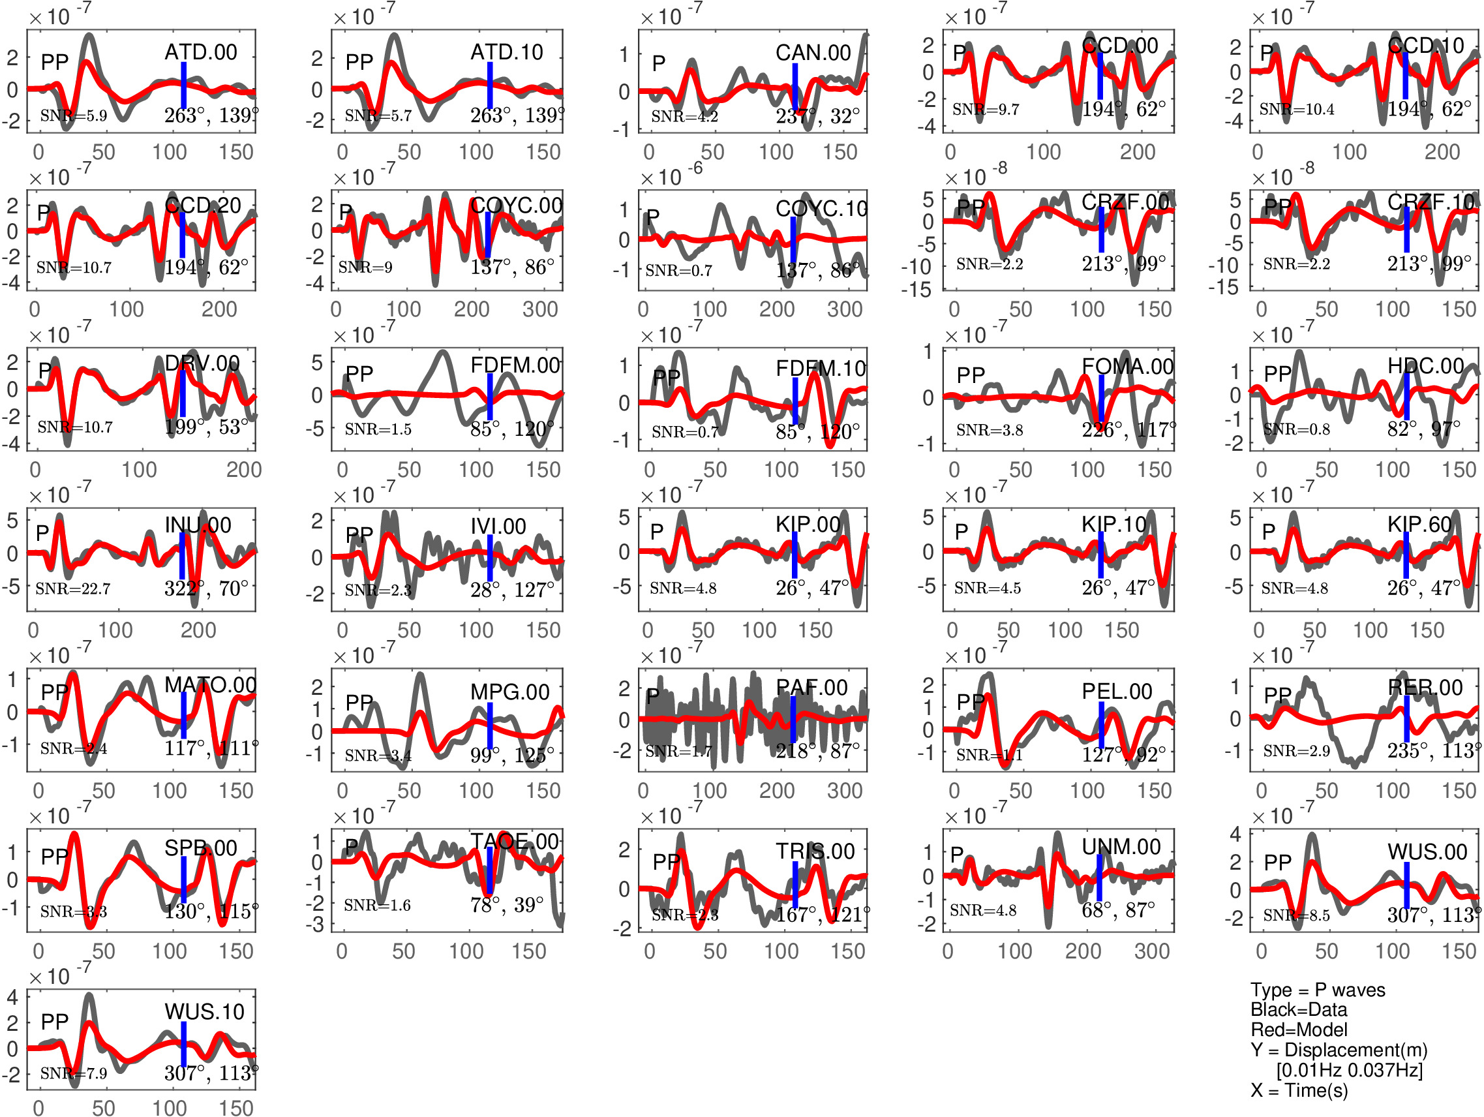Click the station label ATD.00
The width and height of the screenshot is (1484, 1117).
click(x=201, y=52)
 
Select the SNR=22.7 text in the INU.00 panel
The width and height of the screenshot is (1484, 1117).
click(x=72, y=589)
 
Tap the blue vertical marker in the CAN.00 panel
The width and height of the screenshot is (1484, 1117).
click(x=795, y=87)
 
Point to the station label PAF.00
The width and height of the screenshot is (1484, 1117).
click(x=811, y=688)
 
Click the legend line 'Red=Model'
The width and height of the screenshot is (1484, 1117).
click(x=1299, y=1030)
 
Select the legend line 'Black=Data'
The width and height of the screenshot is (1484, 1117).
click(x=1299, y=1009)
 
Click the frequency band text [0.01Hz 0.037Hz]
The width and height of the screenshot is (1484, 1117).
click(x=1349, y=1070)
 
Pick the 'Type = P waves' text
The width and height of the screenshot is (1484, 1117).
click(x=1318, y=990)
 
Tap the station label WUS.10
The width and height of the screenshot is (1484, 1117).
click(x=204, y=1012)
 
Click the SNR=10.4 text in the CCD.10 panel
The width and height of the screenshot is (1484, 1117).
click(x=1296, y=109)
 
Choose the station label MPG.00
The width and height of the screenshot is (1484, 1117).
click(x=510, y=692)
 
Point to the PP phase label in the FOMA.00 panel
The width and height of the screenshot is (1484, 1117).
click(x=971, y=375)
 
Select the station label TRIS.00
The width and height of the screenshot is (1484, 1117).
click(x=815, y=851)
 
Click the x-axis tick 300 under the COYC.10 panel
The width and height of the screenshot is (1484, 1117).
click(x=845, y=309)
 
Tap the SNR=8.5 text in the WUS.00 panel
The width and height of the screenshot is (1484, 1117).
click(x=1296, y=915)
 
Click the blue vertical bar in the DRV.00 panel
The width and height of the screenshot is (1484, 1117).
click(x=183, y=393)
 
